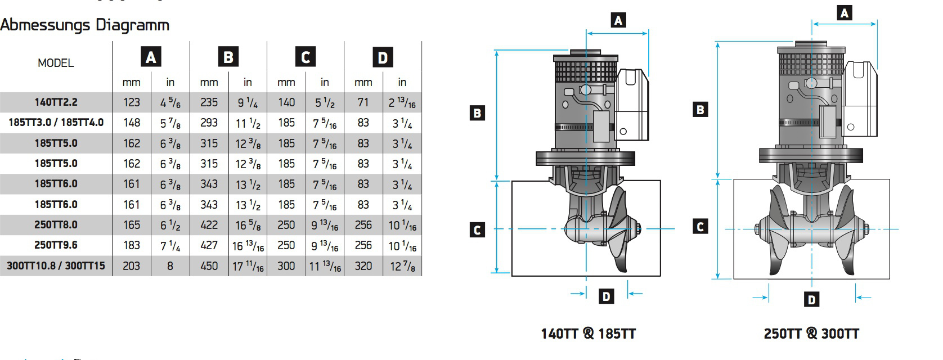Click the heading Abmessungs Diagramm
click(84, 25)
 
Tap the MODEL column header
click(56, 63)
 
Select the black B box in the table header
click(228, 57)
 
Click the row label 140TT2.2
click(56, 102)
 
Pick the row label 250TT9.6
click(56, 245)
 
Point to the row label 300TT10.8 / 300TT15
click(56, 265)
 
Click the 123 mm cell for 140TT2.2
click(131, 102)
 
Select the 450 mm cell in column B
click(209, 266)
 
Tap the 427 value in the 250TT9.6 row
click(209, 245)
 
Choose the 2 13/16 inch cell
click(402, 103)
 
